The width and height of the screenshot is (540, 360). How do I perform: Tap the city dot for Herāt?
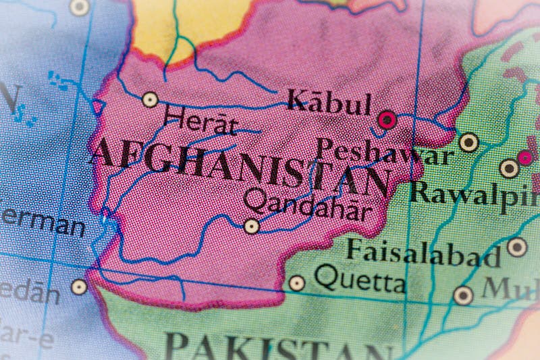(x=150, y=100)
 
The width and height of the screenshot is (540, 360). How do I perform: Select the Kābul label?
(x=329, y=103)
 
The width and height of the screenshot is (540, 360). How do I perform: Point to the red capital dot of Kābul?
(x=387, y=121)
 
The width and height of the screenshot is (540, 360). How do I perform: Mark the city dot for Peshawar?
(x=468, y=143)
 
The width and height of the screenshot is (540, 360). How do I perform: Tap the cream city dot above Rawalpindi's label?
(x=510, y=168)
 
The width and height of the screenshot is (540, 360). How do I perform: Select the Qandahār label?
(x=307, y=204)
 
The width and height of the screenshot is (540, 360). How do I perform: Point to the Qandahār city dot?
(x=252, y=226)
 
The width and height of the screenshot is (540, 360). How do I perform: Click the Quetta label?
(x=360, y=278)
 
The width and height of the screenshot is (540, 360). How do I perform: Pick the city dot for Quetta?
(x=296, y=283)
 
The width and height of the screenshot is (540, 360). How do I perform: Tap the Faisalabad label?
(x=423, y=253)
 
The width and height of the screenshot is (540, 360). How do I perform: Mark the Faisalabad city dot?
(x=517, y=247)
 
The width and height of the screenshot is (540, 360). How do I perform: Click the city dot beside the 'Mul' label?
(x=463, y=295)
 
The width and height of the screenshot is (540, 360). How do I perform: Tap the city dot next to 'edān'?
(x=80, y=286)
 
